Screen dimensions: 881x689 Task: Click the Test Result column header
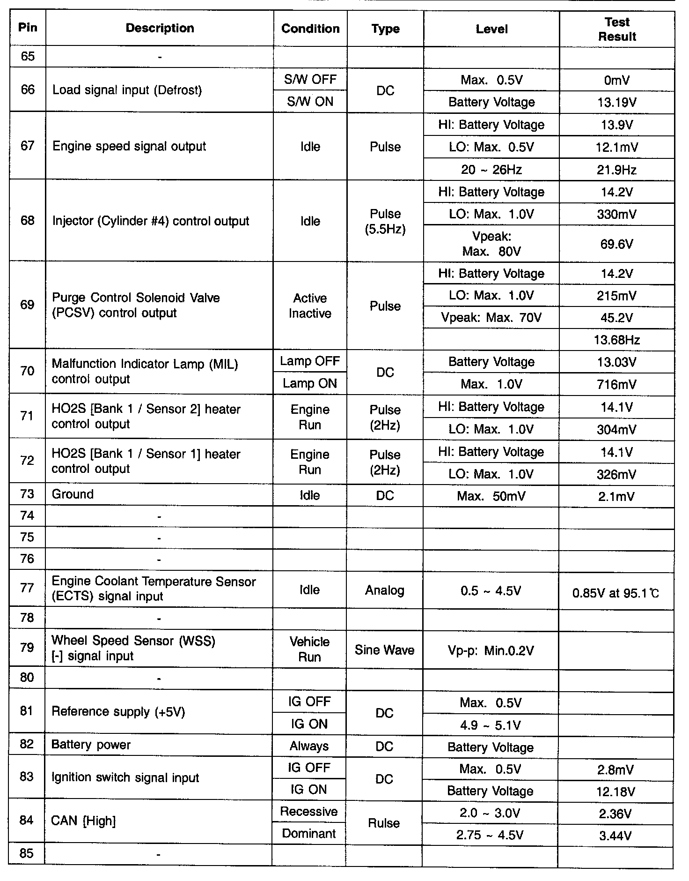(617, 29)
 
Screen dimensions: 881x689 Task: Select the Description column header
(160, 28)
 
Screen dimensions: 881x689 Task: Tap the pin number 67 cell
(28, 146)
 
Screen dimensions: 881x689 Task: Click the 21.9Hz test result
(616, 170)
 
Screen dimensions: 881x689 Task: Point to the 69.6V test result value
(616, 244)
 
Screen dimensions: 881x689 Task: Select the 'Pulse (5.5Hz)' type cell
(385, 221)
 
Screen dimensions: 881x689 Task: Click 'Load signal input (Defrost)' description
(127, 90)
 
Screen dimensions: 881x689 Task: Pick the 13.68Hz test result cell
(616, 340)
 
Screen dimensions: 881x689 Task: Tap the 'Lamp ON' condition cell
(310, 383)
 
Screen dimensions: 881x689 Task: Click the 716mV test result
(616, 384)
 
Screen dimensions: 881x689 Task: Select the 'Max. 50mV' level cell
(491, 496)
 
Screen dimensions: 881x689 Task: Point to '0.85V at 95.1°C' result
(616, 594)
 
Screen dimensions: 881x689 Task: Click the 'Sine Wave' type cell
(384, 650)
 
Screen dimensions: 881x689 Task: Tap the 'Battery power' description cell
(91, 745)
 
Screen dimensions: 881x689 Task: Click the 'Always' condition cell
(309, 746)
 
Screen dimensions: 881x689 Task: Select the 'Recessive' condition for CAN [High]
(309, 811)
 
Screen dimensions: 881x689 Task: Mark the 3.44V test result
(616, 835)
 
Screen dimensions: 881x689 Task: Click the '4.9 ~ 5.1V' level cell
(490, 725)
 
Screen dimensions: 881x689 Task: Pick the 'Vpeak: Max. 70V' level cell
(491, 318)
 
